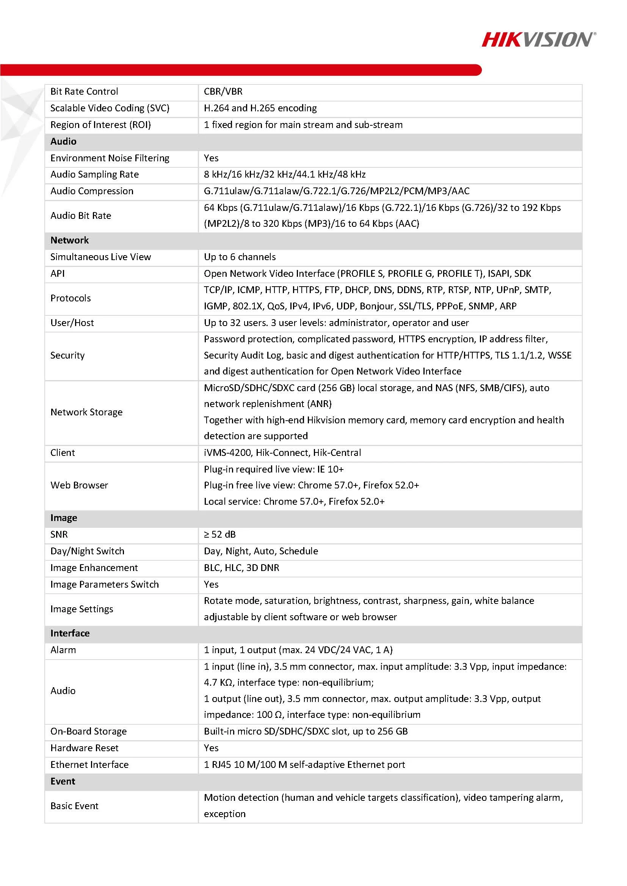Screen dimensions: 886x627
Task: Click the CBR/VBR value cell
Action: [223, 92]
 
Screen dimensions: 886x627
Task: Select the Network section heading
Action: [69, 240]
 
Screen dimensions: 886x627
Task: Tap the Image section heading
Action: [64, 518]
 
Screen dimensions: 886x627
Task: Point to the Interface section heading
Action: [70, 633]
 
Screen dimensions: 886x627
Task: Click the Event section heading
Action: [63, 781]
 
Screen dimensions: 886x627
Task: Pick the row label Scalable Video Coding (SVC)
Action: [110, 108]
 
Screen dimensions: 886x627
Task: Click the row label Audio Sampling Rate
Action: [94, 175]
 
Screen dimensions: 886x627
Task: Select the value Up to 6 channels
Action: [240, 257]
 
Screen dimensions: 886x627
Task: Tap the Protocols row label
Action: [71, 298]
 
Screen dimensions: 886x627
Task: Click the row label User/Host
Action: [72, 323]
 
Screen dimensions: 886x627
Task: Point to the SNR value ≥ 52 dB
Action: [219, 535]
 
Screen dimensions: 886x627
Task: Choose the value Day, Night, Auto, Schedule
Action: [261, 551]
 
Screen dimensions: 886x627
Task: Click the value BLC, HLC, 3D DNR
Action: [241, 568]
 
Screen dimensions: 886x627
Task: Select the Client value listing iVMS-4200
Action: [282, 452]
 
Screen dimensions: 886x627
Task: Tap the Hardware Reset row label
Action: [84, 748]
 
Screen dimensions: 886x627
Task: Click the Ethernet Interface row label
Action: [89, 765]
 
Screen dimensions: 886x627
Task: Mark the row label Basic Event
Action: [74, 806]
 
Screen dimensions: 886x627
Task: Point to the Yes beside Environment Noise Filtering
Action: [211, 158]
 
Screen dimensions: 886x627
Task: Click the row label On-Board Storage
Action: [88, 732]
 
